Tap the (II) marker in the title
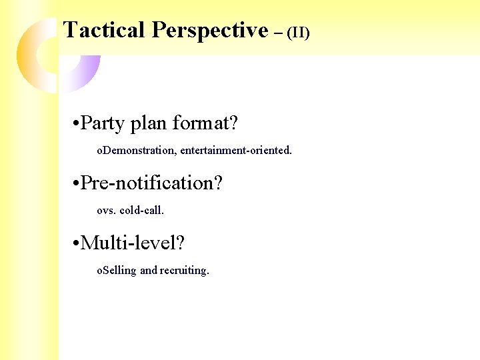(x=298, y=33)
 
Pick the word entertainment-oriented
(x=236, y=151)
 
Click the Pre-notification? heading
(x=151, y=183)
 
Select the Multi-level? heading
(x=132, y=243)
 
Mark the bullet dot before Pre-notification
(x=76, y=184)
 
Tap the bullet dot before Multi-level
(x=76, y=244)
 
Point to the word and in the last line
(x=149, y=270)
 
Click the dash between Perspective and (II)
(x=277, y=31)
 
